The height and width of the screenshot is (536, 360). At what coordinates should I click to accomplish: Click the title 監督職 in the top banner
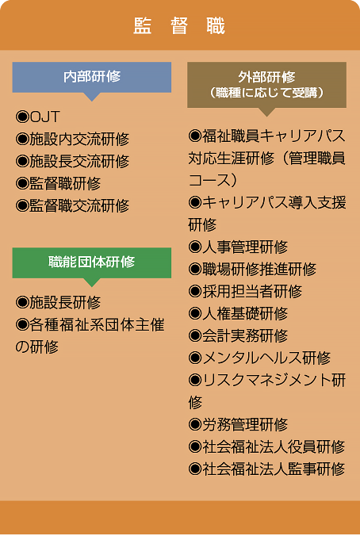pos(179,26)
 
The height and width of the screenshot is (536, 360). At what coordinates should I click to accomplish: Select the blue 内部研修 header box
pos(92,77)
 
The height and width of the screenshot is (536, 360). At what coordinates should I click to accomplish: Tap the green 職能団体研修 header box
pos(92,263)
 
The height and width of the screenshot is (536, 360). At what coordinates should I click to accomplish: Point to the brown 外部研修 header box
pos(266,85)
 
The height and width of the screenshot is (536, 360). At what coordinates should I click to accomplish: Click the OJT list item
pos(37,117)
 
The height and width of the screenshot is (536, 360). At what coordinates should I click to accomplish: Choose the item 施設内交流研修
pos(72,139)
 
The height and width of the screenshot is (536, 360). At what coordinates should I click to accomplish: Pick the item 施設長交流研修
pos(72,161)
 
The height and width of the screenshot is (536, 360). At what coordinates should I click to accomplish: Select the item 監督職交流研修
pos(72,206)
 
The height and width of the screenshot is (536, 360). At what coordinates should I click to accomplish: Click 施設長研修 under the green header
pos(58,303)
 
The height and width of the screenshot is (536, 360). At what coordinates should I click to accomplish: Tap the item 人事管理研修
pos(239,247)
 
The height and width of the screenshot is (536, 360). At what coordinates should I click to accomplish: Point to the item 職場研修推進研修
pos(252,269)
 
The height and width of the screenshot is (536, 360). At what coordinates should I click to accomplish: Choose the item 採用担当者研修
pos(246,291)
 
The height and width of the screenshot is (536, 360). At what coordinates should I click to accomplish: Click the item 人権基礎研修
pos(239,313)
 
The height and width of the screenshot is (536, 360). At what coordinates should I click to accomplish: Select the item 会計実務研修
pos(239,335)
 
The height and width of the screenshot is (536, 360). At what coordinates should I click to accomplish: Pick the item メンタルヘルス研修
pos(259,358)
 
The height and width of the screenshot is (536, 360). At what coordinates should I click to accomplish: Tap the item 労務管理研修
pos(239,424)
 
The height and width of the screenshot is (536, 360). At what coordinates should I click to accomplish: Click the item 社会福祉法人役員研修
pos(266,446)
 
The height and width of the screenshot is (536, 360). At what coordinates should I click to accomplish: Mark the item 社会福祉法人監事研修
pos(266,469)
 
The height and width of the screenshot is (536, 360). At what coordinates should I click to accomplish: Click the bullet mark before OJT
pos(22,117)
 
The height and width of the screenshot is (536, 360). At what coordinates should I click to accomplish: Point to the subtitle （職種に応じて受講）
pos(266,93)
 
